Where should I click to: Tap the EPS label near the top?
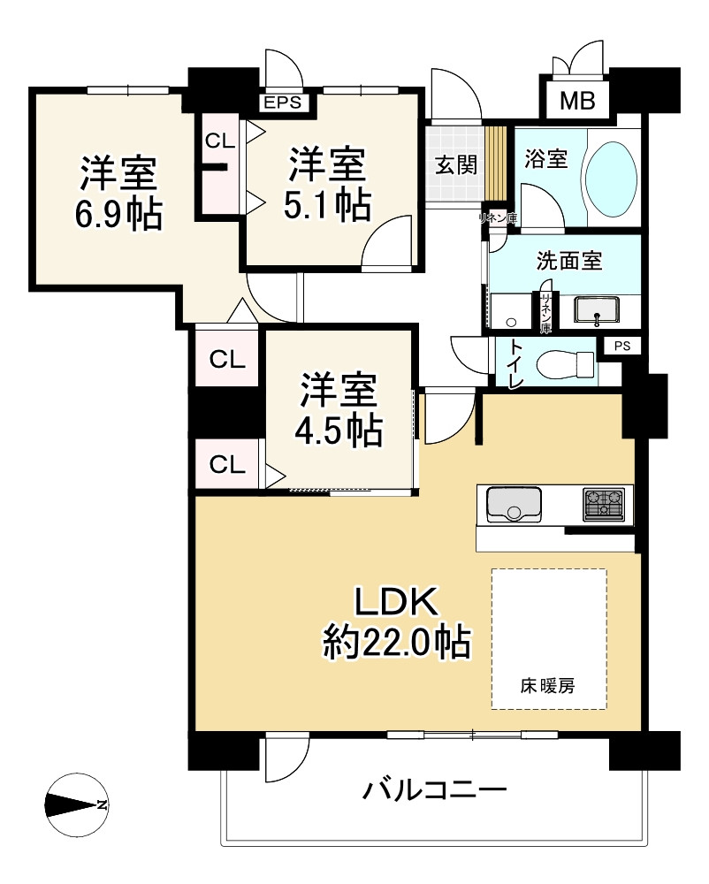pos(284,103)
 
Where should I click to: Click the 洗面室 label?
pos(569,261)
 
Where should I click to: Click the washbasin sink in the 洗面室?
pos(599,310)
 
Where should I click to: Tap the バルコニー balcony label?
pos(434,789)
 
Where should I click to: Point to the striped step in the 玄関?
pos(497,164)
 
